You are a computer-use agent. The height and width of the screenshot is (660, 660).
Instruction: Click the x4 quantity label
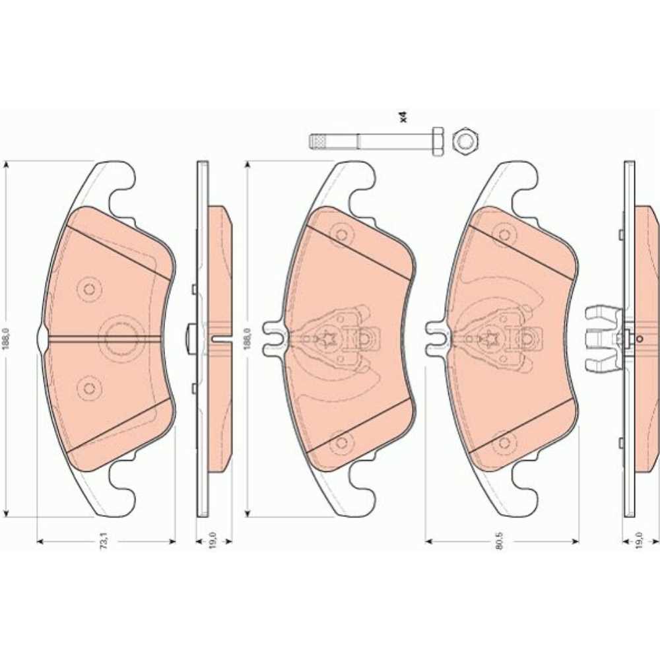403,117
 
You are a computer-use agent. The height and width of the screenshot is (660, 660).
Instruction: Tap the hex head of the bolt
438,141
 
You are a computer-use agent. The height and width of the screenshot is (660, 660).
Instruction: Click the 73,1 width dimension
105,541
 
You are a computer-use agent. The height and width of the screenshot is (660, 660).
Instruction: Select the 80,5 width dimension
499,541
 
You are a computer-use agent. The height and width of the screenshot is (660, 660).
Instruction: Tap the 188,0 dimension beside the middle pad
247,339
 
